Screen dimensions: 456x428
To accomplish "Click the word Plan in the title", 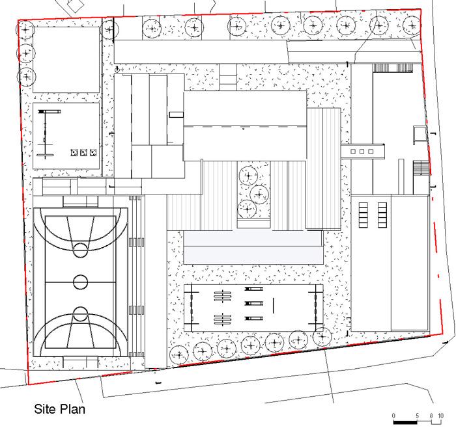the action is (72, 409).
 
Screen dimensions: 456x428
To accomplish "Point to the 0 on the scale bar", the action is (393, 416).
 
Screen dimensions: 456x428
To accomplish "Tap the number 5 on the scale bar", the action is (418, 416).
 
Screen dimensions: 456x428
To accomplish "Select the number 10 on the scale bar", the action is (440, 416).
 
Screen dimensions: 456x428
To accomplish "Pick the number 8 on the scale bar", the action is (431, 416).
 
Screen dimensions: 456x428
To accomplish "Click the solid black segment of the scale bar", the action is (405, 422).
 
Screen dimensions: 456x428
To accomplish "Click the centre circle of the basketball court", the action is (81, 282).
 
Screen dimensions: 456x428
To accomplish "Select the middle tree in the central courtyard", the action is (259, 194).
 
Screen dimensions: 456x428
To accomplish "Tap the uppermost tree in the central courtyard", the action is (248, 176).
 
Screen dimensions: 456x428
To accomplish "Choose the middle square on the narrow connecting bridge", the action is (362, 152).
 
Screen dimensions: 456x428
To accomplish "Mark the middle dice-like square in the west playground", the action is (84, 152).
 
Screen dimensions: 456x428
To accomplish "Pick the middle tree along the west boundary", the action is (26, 53).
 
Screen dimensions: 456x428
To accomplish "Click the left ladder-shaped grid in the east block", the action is (363, 215).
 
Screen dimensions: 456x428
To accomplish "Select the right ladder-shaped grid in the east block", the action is (382, 215).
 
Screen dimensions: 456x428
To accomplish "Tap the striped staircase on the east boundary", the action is (421, 168).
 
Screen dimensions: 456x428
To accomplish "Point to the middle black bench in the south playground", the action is (254, 303).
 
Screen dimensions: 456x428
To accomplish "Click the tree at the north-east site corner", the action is (412, 25).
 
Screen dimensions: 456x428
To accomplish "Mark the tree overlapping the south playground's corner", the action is (322, 337).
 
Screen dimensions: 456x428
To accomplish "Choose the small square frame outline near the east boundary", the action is (420, 135).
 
